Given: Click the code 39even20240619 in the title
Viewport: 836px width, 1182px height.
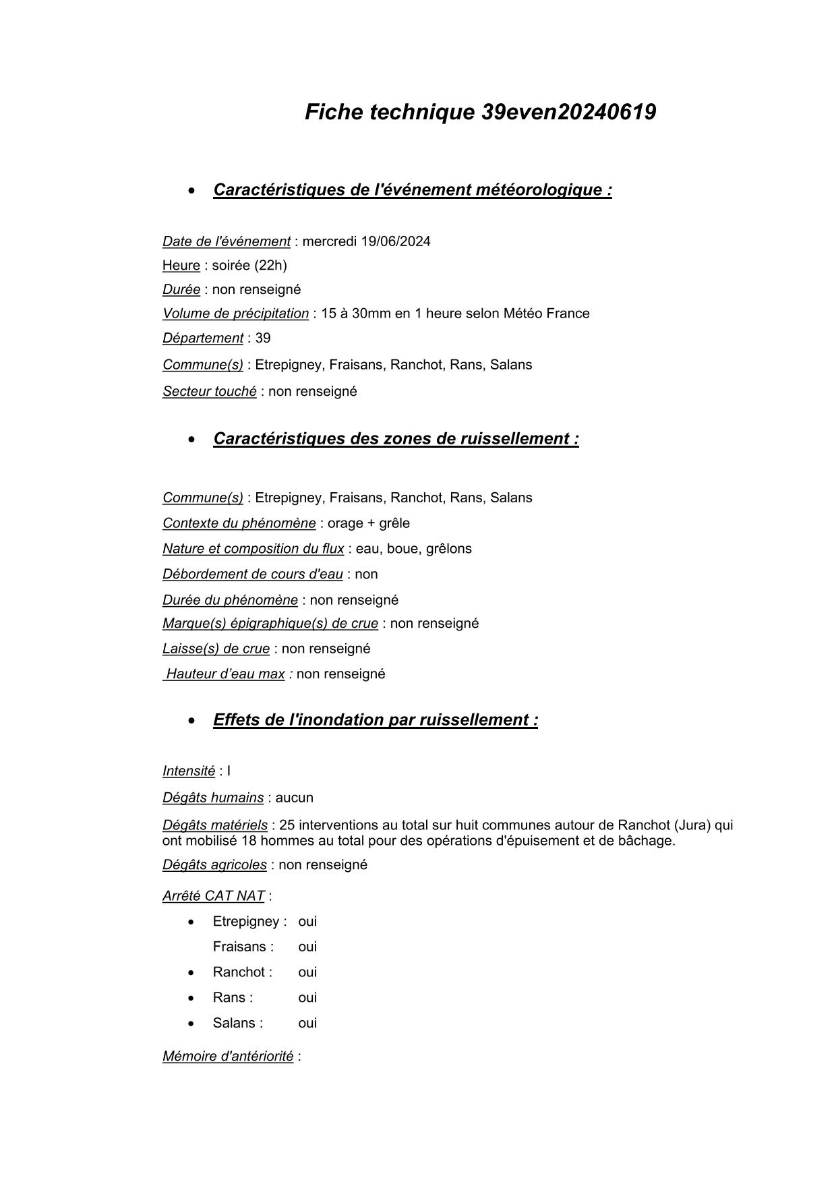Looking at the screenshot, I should (568, 112).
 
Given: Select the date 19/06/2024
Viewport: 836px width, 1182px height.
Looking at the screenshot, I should (396, 241).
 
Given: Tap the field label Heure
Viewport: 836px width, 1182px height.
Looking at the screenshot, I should (181, 266).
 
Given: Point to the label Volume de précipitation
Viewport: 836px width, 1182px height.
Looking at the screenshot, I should (235, 314).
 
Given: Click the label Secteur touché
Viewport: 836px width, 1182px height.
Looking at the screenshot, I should (209, 391).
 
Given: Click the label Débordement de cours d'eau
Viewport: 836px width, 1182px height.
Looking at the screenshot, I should (252, 574).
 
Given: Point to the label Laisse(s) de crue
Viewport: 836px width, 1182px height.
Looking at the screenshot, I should (216, 649).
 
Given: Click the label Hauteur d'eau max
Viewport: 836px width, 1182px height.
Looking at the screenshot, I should (225, 674).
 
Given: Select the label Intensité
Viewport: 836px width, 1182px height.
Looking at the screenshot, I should (188, 771).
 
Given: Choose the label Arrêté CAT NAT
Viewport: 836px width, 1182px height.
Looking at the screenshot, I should (213, 896).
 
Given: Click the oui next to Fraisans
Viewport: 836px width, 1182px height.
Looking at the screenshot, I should (307, 947).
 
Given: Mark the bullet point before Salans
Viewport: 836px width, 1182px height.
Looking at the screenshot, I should (191, 1024).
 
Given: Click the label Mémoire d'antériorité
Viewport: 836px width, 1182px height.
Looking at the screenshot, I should (228, 1057).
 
